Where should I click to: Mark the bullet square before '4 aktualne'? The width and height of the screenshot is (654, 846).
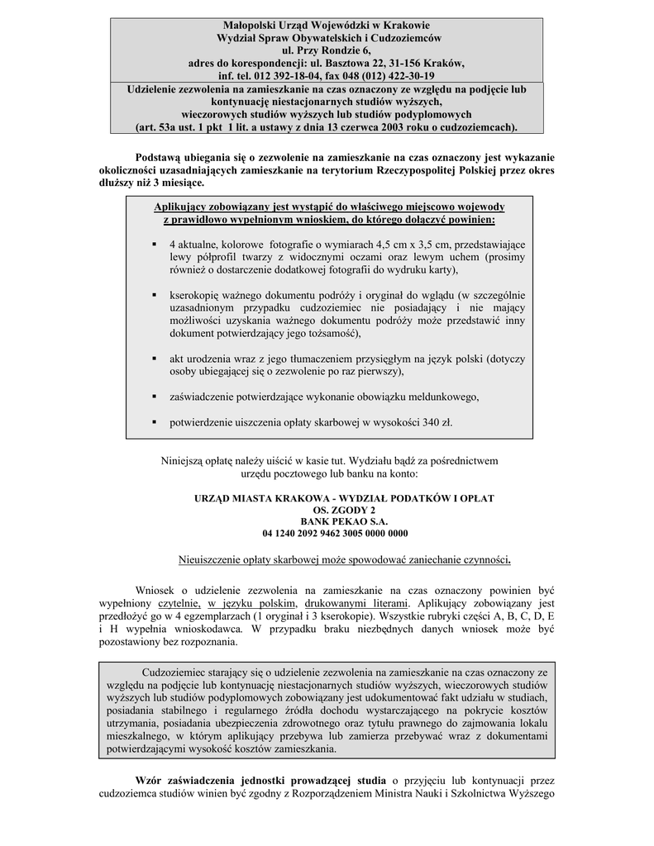pyautogui.click(x=155, y=245)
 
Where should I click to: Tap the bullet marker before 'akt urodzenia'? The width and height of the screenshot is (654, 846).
pyautogui.click(x=155, y=359)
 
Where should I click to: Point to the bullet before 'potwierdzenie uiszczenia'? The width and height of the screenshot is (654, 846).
pyautogui.click(x=155, y=421)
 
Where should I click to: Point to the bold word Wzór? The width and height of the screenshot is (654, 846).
pyautogui.click(x=152, y=780)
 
